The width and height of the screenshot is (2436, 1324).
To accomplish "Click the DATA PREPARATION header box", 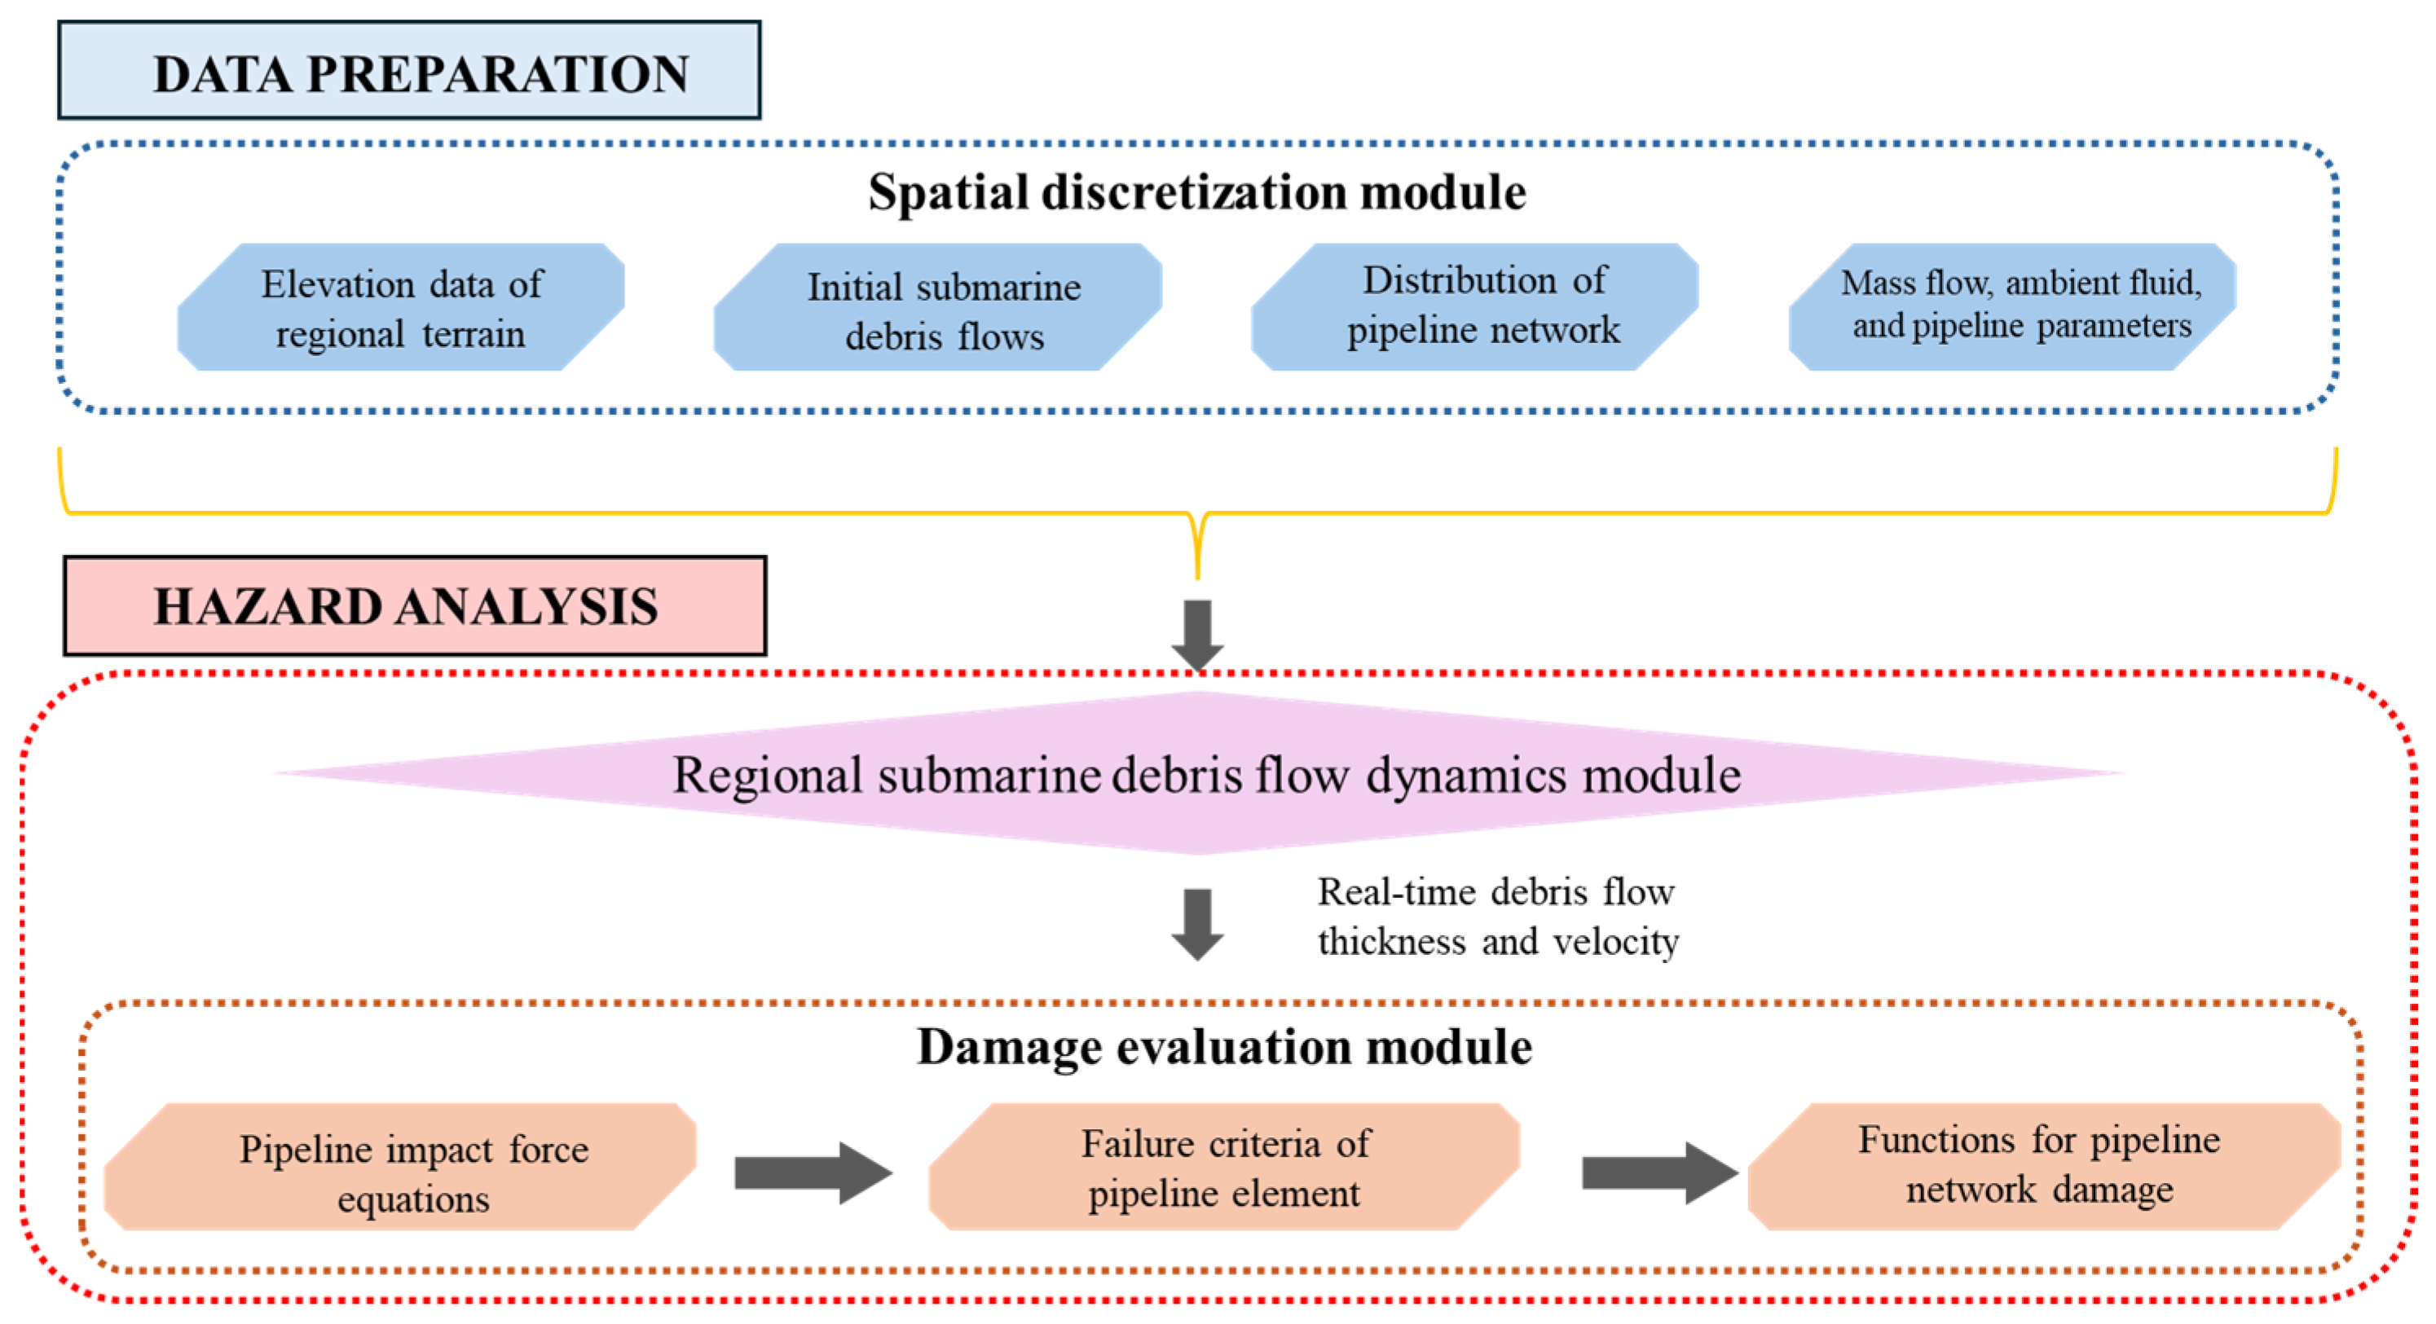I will coord(408,71).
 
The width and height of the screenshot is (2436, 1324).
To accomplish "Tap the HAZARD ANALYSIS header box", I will coord(414,606).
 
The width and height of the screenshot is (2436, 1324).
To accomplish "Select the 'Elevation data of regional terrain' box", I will coord(401,307).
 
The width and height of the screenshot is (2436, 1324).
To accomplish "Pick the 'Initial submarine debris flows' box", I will coord(938,308).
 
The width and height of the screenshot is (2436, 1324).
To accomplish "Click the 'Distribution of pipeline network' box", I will coord(1475,306).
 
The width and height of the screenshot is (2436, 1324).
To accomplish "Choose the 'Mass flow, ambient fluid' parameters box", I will coord(2012,306).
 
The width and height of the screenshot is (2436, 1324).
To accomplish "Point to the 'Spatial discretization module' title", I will coord(1196,193).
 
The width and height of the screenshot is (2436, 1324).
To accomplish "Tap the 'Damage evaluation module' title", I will coord(1223,1048).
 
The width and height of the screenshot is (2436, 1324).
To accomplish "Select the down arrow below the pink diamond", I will coord(1197,924).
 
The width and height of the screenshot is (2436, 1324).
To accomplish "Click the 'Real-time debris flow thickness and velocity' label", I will coord(1498,917).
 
